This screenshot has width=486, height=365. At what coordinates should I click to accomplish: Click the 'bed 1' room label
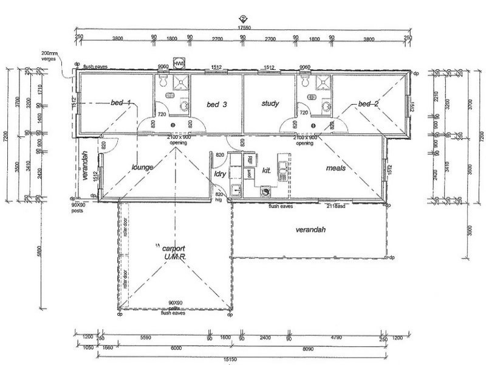tap(120, 103)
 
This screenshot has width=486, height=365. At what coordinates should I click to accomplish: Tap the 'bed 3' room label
tap(216, 105)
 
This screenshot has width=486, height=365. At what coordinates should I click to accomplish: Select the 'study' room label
tap(270, 104)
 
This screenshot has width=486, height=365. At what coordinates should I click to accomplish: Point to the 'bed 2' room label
tap(368, 104)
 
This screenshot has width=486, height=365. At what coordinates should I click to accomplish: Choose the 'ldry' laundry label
tap(220, 174)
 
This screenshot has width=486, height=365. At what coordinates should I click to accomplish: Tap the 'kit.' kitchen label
tap(266, 172)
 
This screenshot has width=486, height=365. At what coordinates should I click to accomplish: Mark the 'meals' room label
tap(336, 167)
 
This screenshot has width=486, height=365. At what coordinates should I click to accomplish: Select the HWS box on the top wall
tap(179, 64)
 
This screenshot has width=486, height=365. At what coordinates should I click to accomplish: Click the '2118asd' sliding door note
tap(333, 207)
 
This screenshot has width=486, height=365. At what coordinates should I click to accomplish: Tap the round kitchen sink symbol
tap(265, 192)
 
